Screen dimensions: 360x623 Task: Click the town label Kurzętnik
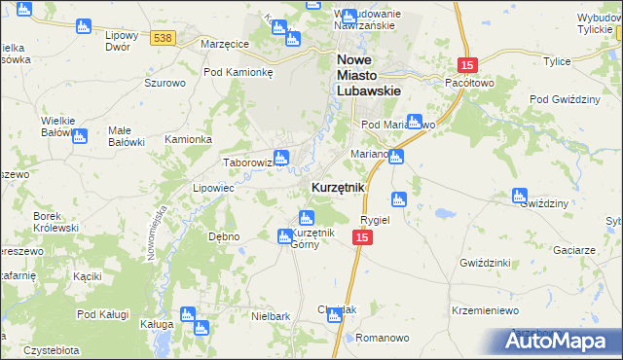(338, 187)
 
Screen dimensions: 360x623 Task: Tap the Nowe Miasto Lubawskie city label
(371, 75)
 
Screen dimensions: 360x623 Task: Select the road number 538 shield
(163, 38)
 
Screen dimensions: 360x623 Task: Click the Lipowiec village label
(213, 188)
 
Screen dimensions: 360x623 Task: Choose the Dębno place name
(224, 236)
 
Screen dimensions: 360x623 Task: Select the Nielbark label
(272, 317)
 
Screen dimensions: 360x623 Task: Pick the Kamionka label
(188, 139)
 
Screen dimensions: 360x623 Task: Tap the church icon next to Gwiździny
(520, 196)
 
